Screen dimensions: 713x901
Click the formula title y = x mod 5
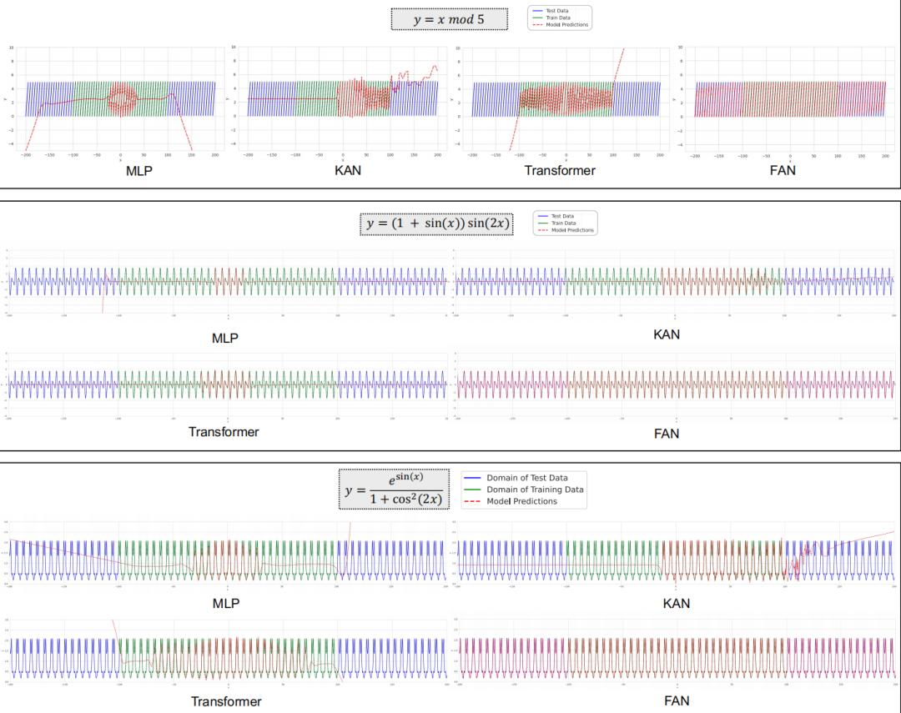449,19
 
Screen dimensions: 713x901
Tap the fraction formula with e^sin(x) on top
395,490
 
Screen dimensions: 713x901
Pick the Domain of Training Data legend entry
535,490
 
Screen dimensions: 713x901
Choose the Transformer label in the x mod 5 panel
560,171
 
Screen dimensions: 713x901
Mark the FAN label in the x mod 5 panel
783,171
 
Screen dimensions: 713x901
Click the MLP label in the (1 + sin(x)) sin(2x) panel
225,339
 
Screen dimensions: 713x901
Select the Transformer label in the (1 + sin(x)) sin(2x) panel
224,432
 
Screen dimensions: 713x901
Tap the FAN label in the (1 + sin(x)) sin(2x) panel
667,434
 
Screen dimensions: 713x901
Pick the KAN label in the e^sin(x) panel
677,603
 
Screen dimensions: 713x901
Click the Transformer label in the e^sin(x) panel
226,701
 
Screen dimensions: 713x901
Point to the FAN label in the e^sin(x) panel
677,701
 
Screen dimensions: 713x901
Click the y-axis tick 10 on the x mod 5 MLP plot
11,48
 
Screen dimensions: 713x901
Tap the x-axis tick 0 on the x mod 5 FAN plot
789,155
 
